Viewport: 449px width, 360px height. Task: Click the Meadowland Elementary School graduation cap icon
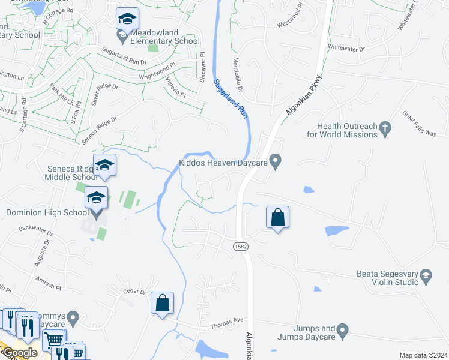[x=127, y=19]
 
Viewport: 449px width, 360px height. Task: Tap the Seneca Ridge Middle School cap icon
[x=104, y=166]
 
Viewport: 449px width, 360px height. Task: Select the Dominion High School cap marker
[x=96, y=198]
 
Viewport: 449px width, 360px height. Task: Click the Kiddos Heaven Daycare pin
[x=276, y=161]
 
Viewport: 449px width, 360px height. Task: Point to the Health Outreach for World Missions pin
[x=385, y=127]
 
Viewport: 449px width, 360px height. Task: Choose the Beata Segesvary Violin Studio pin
[x=426, y=276]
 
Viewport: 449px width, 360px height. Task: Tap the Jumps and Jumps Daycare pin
[x=342, y=329]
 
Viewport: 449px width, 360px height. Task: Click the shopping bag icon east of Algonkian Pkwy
[x=278, y=218]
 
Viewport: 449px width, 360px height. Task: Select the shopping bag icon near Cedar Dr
[x=162, y=304]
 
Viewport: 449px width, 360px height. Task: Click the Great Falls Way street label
[x=419, y=124]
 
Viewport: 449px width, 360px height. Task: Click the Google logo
[x=19, y=353]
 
